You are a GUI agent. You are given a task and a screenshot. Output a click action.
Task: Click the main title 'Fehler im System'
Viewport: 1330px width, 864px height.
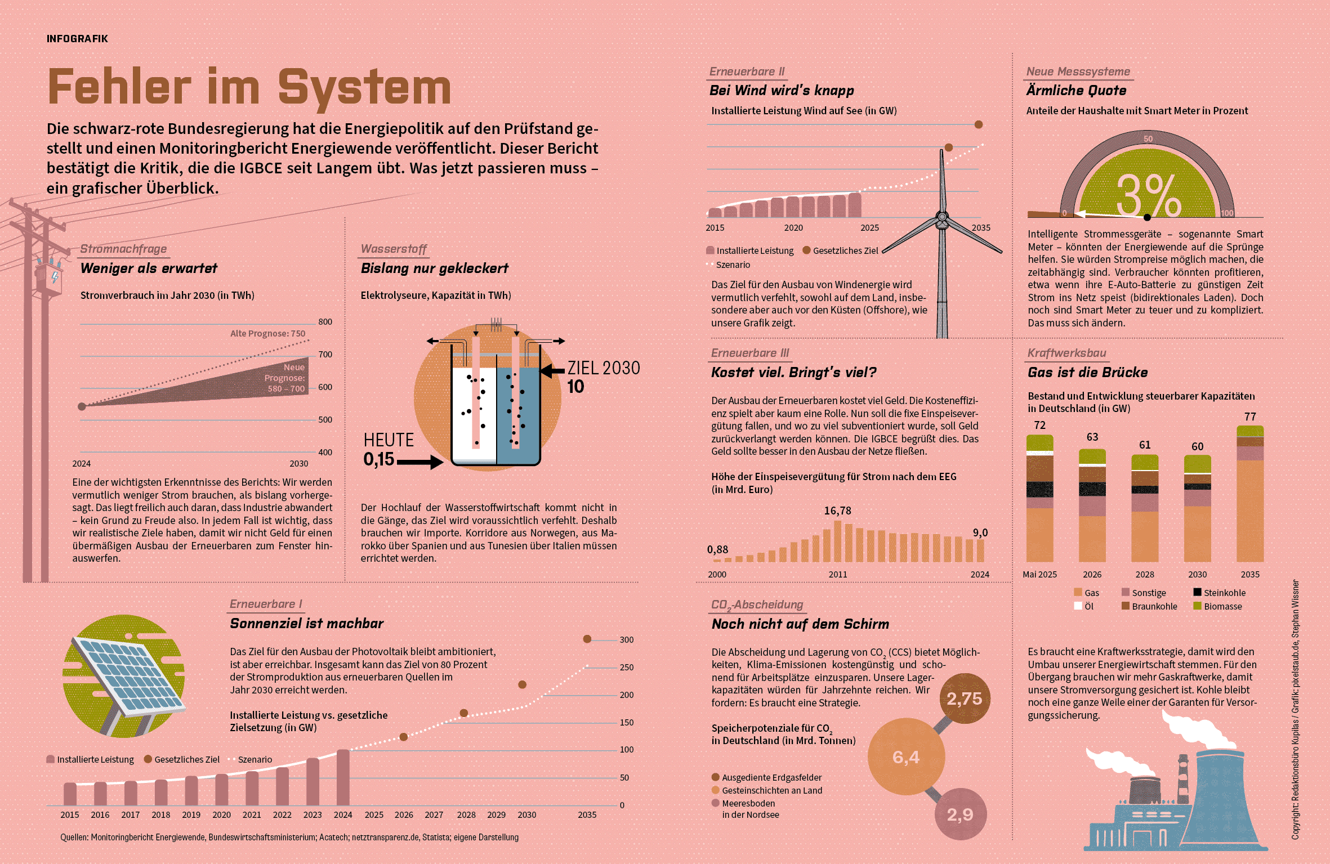pyautogui.click(x=249, y=87)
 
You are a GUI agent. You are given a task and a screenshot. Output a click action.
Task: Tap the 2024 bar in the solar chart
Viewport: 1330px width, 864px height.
pyautogui.click(x=343, y=777)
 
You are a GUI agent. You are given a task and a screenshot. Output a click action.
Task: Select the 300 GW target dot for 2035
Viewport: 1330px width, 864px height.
pyautogui.click(x=587, y=639)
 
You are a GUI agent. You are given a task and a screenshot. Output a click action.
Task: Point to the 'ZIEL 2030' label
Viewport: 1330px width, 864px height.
pyautogui.click(x=604, y=368)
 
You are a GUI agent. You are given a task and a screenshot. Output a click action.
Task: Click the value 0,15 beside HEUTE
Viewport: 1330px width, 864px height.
pyautogui.click(x=379, y=459)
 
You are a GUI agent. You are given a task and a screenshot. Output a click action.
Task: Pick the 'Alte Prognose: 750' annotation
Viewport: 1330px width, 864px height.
pyautogui.click(x=267, y=333)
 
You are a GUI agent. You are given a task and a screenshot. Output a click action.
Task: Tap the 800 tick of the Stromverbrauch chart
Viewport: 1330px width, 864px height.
pyautogui.click(x=325, y=322)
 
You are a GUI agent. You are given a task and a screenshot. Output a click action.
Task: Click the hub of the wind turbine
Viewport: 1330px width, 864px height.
pyautogui.click(x=942, y=217)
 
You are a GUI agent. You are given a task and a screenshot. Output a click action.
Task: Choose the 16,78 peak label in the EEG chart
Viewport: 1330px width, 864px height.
pyautogui.click(x=838, y=511)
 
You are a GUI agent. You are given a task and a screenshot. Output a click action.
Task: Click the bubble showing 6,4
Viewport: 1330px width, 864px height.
pyautogui.click(x=906, y=757)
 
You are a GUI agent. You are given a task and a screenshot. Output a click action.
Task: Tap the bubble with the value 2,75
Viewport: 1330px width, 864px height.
pyautogui.click(x=965, y=699)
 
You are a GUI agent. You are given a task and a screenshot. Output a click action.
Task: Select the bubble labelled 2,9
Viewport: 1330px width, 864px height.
pyautogui.click(x=960, y=814)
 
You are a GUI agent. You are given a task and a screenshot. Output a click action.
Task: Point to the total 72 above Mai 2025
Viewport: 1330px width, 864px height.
pyautogui.click(x=1039, y=425)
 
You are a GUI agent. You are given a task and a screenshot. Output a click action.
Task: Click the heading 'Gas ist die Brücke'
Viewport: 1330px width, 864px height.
pyautogui.click(x=1087, y=372)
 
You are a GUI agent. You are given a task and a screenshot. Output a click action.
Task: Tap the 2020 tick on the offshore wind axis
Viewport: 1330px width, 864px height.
pyautogui.click(x=793, y=227)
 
